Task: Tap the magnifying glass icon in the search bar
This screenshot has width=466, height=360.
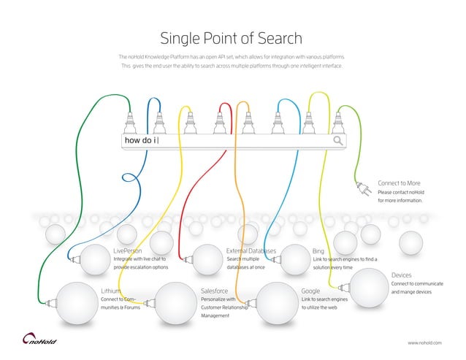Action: click(338, 140)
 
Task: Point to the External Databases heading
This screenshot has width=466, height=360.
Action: click(251, 250)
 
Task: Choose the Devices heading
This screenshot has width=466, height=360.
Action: click(402, 275)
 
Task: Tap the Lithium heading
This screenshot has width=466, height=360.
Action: click(110, 291)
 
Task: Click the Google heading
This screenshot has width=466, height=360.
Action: click(310, 291)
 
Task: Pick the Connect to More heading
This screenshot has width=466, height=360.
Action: click(399, 183)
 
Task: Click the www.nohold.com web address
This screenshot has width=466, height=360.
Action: click(424, 342)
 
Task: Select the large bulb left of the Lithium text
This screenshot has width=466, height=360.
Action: click(76, 300)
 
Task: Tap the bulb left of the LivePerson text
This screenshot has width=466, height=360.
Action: click(93, 258)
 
